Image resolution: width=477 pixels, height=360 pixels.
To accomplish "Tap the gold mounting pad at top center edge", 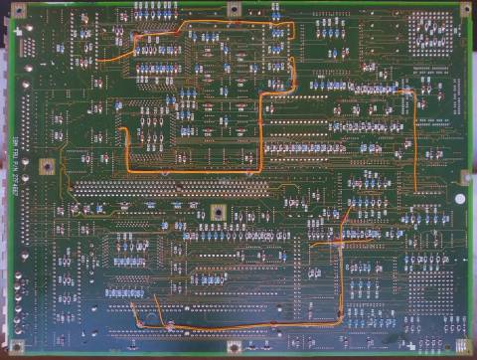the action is pos(234,9).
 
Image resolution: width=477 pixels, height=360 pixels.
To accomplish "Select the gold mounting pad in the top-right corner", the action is pos(464,9).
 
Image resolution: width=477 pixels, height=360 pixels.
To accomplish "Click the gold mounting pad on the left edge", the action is pos(46,166).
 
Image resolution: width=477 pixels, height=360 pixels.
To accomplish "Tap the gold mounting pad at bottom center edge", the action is pos(234,347).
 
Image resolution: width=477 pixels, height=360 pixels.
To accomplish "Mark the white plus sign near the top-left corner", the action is pos(52,14).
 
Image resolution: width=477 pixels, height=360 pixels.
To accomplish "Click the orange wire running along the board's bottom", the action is pos(238,326).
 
